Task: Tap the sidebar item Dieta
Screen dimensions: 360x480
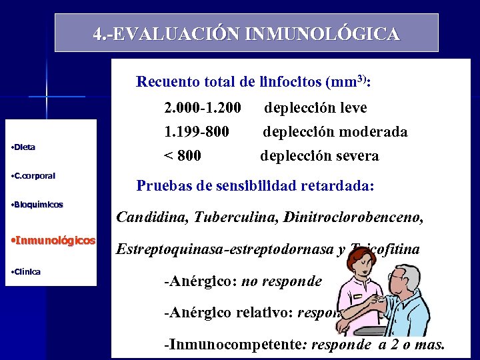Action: [25, 147]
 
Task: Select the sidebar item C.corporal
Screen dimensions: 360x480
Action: [35, 176]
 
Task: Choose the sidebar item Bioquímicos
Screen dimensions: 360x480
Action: [39, 205]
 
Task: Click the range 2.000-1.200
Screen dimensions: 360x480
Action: [202, 107]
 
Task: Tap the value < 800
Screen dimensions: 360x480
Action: [183, 156]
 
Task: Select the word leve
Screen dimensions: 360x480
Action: [351, 107]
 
